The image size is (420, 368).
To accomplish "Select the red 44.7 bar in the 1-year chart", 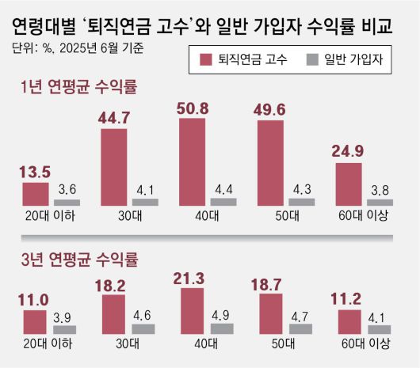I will pyautogui.click(x=114, y=167).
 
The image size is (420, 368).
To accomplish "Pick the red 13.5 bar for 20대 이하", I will pyautogui.click(x=36, y=194).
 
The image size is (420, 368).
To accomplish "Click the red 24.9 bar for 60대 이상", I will pyautogui.click(x=349, y=184).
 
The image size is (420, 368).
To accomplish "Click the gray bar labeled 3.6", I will pyautogui.click(x=67, y=202).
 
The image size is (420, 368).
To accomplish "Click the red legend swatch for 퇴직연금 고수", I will pyautogui.click(x=207, y=59).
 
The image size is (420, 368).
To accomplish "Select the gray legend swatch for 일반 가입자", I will pyautogui.click(x=311, y=59).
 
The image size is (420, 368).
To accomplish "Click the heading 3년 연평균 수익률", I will pyautogui.click(x=79, y=258).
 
